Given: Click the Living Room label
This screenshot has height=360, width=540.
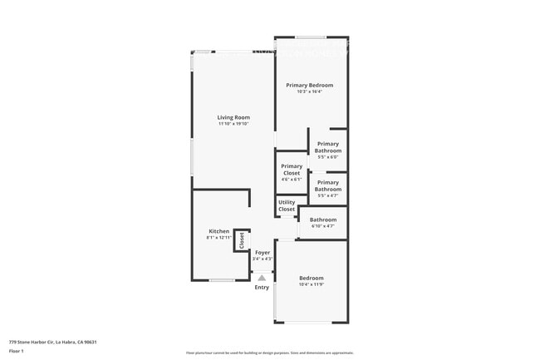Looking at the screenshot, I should tap(233, 117).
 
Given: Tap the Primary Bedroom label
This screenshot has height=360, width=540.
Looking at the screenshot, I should tap(309, 85).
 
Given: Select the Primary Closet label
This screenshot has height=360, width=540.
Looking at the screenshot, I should tap(292, 169).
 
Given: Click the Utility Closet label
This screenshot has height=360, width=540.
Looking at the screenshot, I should tap(287, 205).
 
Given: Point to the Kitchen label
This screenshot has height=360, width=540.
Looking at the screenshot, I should tap(218, 231).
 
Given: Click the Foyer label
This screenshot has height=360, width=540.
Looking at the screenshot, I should tap(263, 252).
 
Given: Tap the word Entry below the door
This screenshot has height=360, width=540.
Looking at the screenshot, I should tap(262, 288).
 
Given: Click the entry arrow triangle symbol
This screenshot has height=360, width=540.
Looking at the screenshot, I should tap(262, 278).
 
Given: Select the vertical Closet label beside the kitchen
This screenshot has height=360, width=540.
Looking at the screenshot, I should tap(242, 240).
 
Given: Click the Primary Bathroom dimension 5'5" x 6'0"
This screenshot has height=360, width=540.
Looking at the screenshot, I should tap(328, 157).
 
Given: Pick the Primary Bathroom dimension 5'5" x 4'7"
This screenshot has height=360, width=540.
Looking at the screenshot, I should tap(328, 195).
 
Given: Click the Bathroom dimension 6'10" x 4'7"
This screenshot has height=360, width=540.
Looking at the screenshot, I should tap(322, 226).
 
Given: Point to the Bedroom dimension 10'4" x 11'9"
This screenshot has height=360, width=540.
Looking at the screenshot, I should tap(312, 284).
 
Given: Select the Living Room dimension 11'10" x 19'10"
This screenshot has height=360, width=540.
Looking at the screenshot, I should tap(233, 124).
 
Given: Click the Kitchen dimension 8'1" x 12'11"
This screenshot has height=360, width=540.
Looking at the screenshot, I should tap(218, 238).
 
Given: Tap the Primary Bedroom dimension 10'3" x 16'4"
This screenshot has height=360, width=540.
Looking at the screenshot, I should tap(309, 91).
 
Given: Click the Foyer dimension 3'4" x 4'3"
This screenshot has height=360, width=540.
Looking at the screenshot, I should tap(263, 259).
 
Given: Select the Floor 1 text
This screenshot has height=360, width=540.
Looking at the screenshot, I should tap(16, 351).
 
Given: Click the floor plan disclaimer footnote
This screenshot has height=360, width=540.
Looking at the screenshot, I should tap(270, 353).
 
